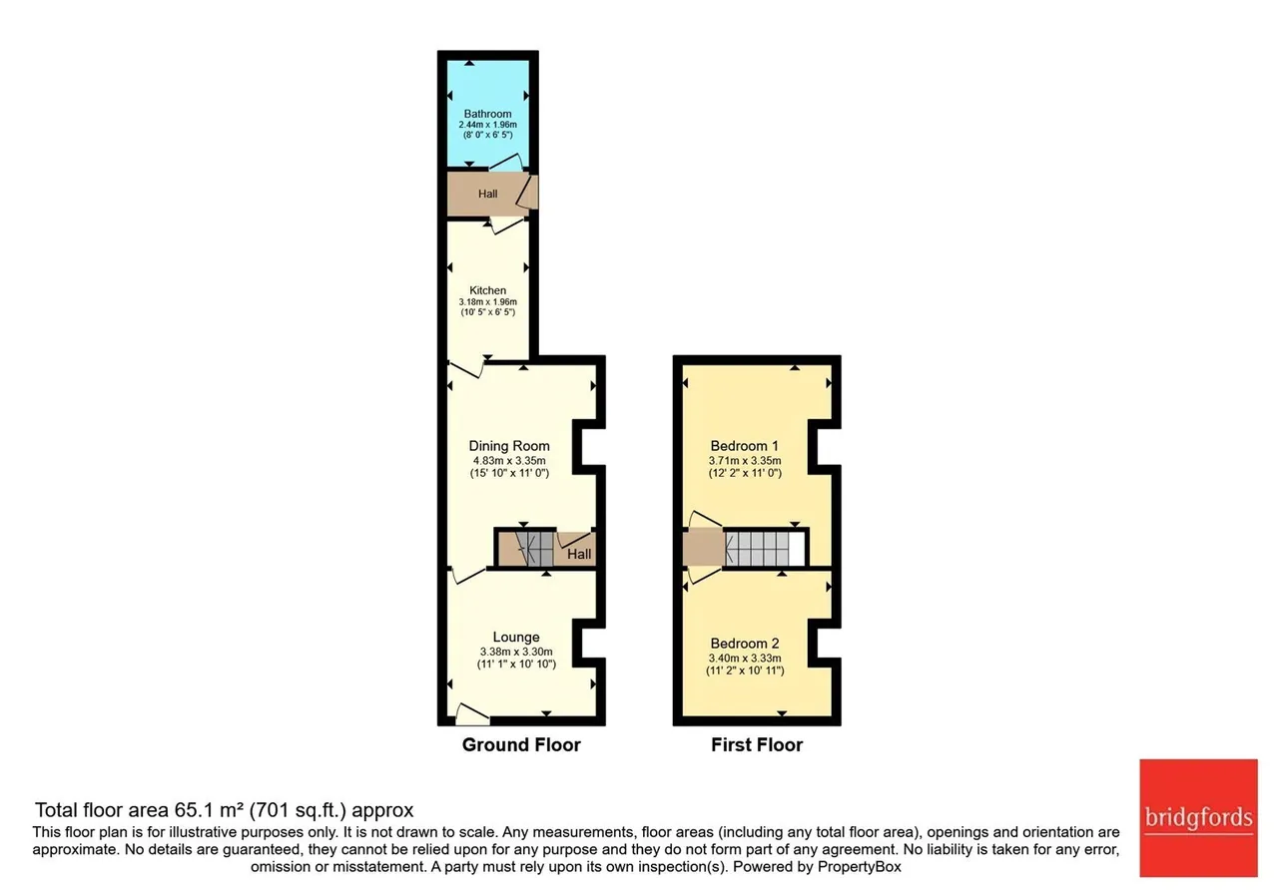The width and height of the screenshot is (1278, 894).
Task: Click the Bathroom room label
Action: tap(487, 114)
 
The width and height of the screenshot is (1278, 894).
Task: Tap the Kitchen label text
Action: tap(487, 290)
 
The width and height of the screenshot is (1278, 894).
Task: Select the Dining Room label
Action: tap(509, 445)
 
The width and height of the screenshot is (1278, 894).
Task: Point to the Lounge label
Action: tap(516, 637)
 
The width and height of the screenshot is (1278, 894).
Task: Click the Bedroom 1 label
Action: tap(744, 445)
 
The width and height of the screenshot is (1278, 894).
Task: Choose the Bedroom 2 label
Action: tap(745, 644)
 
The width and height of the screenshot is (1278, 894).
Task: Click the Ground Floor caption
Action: tap(521, 744)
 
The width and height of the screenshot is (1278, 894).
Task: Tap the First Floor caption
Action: tap(757, 744)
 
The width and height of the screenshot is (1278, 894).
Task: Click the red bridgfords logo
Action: tap(1199, 817)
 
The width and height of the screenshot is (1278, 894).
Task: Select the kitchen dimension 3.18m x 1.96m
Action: tap(488, 301)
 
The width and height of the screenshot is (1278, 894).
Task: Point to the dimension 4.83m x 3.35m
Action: tap(509, 460)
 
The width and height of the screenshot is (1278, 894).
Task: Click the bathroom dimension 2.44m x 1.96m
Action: tap(488, 125)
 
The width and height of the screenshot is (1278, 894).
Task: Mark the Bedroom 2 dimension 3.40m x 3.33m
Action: tap(745, 658)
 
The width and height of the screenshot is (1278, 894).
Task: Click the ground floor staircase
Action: tap(534, 549)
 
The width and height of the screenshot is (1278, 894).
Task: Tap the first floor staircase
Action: tap(757, 549)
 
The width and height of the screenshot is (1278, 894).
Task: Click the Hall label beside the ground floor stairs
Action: tap(578, 554)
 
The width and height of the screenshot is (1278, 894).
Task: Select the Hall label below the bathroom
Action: tap(487, 194)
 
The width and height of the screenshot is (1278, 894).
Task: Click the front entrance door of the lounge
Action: tap(472, 715)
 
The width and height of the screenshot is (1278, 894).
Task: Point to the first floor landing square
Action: tap(704, 548)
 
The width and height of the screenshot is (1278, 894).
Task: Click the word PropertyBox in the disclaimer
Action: tap(860, 867)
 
